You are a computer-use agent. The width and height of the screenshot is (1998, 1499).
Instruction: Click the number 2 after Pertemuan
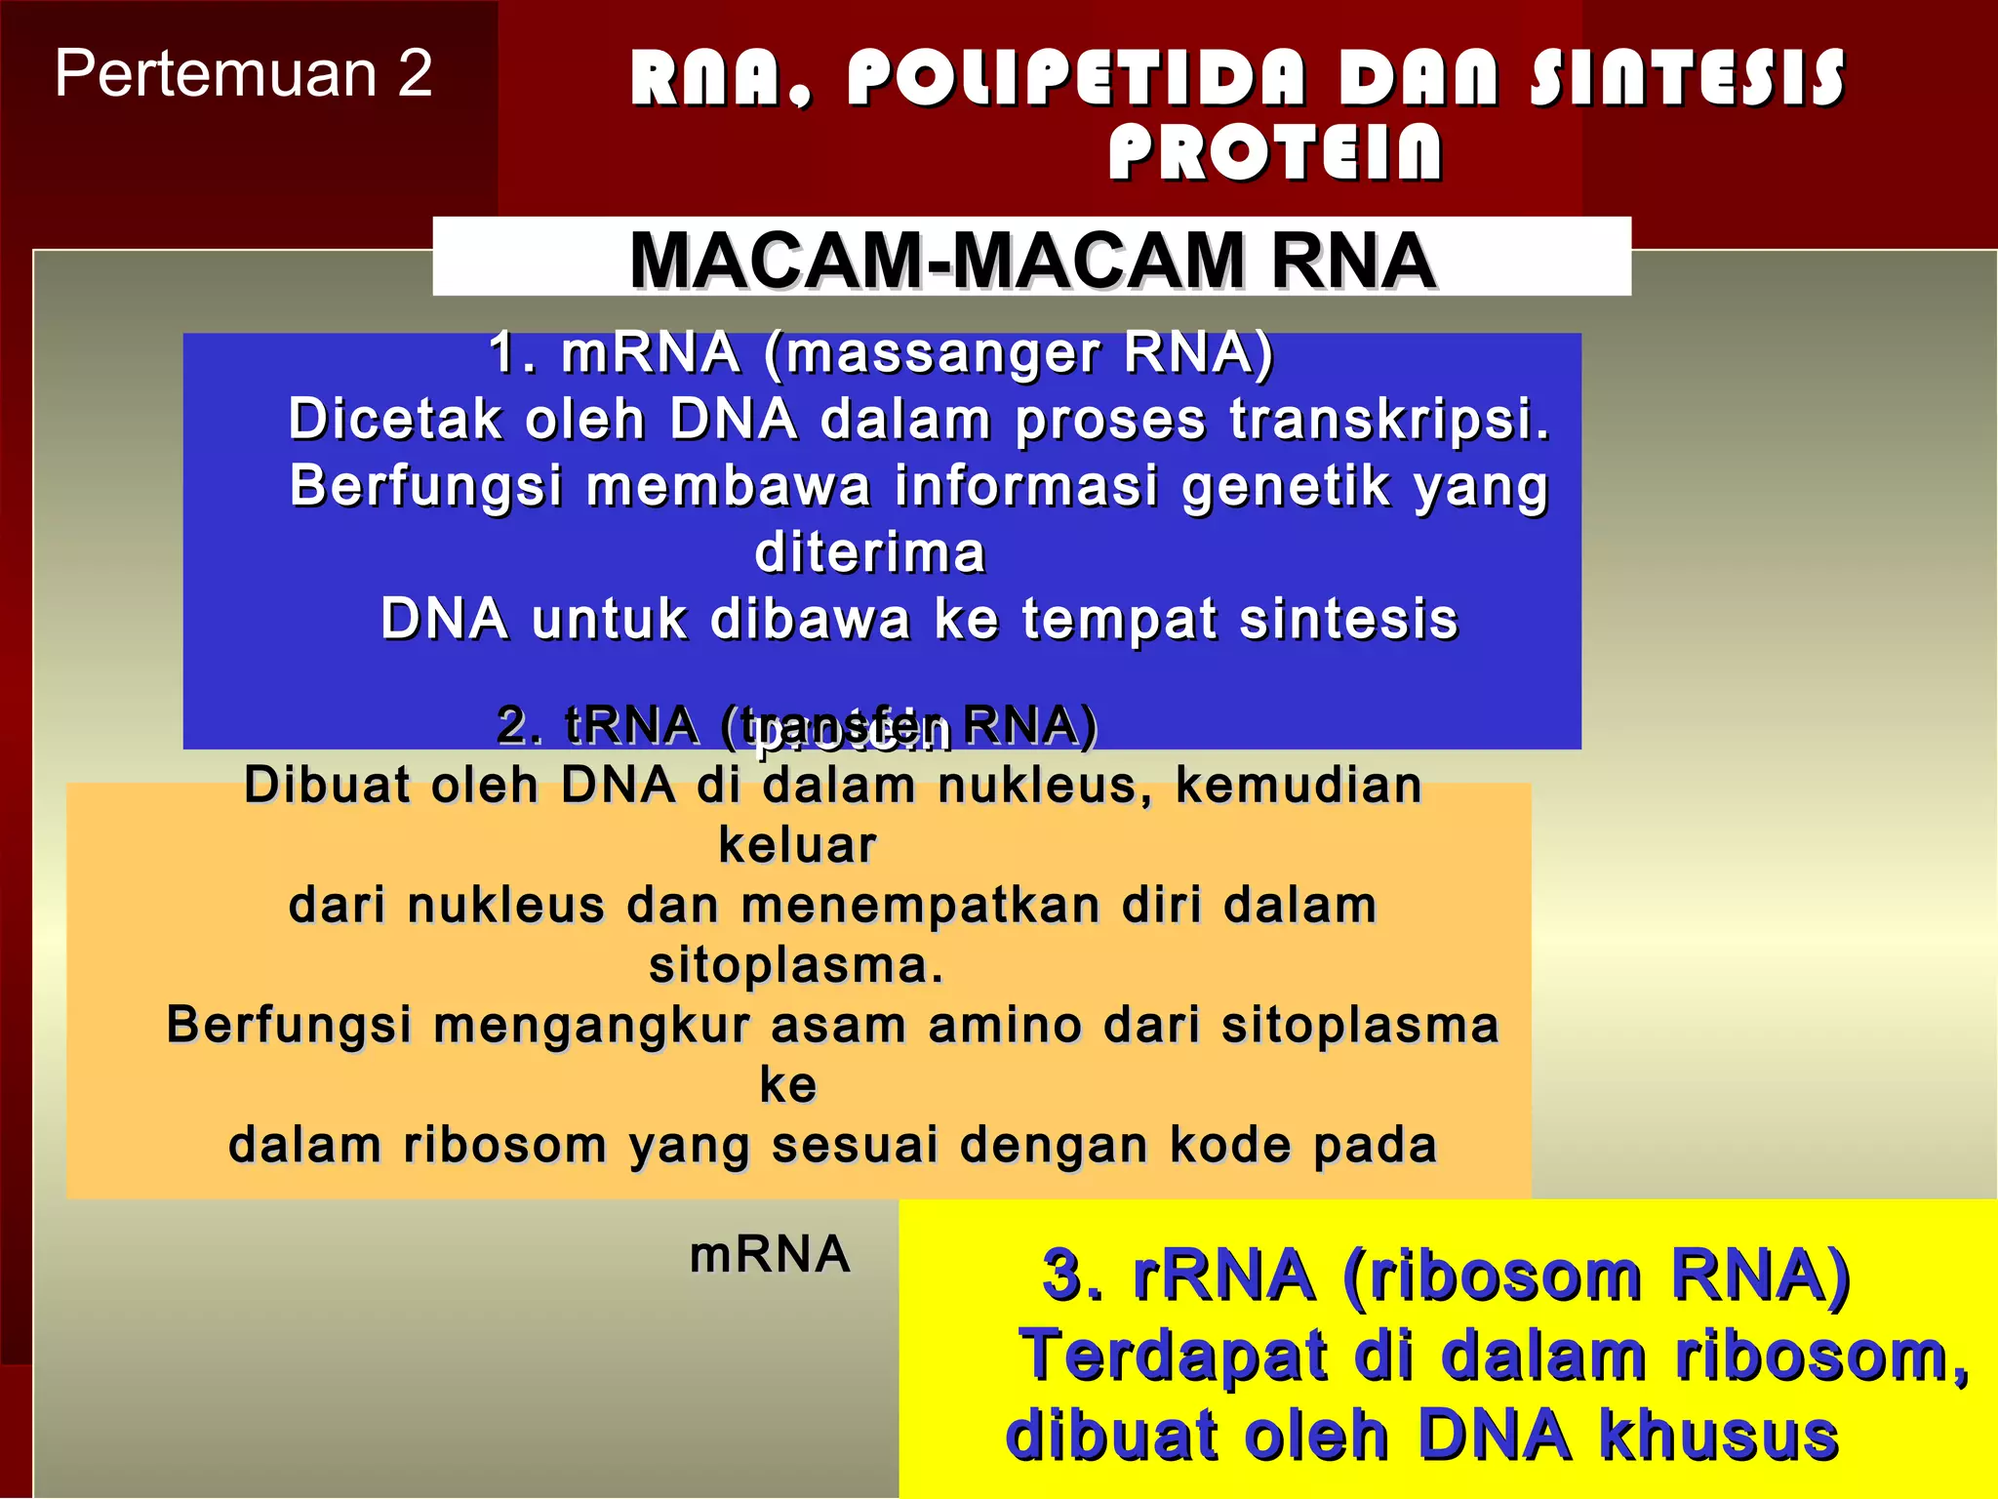(415, 74)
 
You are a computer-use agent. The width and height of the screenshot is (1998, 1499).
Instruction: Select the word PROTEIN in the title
(1275, 153)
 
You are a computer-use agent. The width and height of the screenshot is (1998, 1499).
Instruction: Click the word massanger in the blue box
(941, 352)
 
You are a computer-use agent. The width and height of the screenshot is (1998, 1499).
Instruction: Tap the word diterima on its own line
(870, 552)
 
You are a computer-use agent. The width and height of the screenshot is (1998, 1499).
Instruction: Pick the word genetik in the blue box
(1286, 486)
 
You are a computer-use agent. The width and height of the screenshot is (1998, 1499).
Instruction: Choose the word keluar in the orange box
(797, 845)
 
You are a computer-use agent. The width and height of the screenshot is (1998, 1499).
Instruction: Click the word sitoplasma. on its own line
(796, 965)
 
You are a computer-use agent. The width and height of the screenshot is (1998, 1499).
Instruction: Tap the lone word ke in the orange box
(788, 1085)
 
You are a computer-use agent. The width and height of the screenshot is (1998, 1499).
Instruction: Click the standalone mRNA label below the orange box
(770, 1254)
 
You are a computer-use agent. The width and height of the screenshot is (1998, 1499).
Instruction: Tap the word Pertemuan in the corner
(216, 74)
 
